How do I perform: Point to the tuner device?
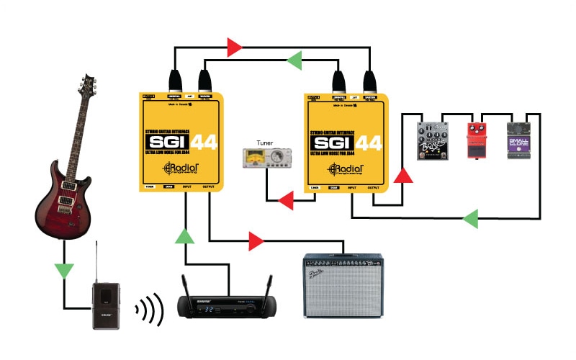266,158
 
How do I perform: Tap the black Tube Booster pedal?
433,141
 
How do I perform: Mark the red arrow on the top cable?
234,48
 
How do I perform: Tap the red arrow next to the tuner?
287,199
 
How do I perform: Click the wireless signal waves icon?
150,310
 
